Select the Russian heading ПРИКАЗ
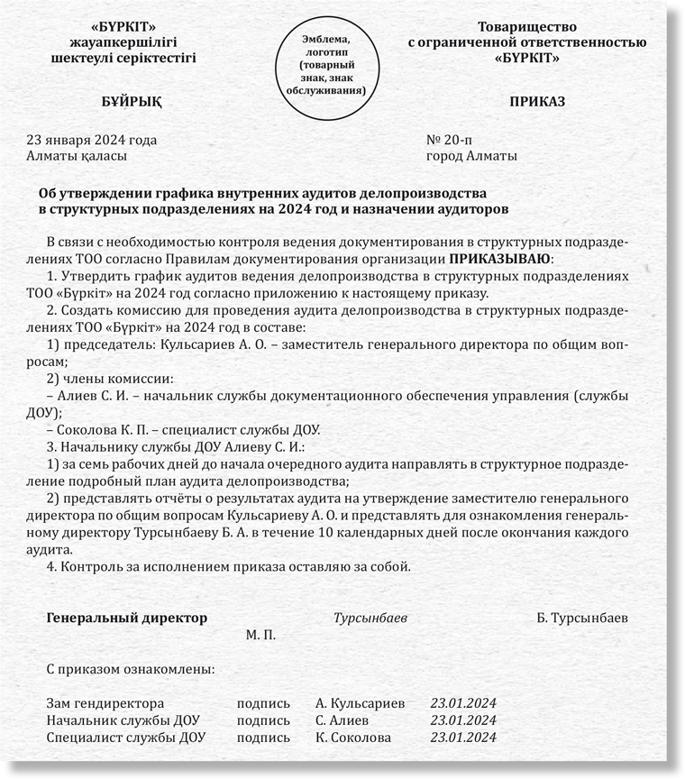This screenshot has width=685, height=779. coord(537,101)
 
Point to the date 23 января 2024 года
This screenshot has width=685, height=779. coord(92,140)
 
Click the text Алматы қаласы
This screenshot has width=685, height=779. coord(78,155)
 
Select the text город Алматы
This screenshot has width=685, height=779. coord(471,155)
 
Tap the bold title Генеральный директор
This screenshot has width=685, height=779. coord(126,619)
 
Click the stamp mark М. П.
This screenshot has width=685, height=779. coord(260,635)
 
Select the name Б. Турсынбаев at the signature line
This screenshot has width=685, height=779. coord(582,619)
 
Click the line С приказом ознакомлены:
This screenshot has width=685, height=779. coord(130,670)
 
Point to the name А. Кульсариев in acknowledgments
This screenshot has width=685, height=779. coord(361,702)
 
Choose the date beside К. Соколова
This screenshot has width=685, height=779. coord(463,737)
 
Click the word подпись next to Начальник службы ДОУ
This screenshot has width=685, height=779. coord(263,719)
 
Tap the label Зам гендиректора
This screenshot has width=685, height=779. coord(105,702)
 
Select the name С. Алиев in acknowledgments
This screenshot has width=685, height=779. coord(342,719)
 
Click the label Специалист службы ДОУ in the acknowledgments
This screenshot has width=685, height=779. coord(125,737)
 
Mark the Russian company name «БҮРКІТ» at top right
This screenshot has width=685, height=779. coord(527,58)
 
